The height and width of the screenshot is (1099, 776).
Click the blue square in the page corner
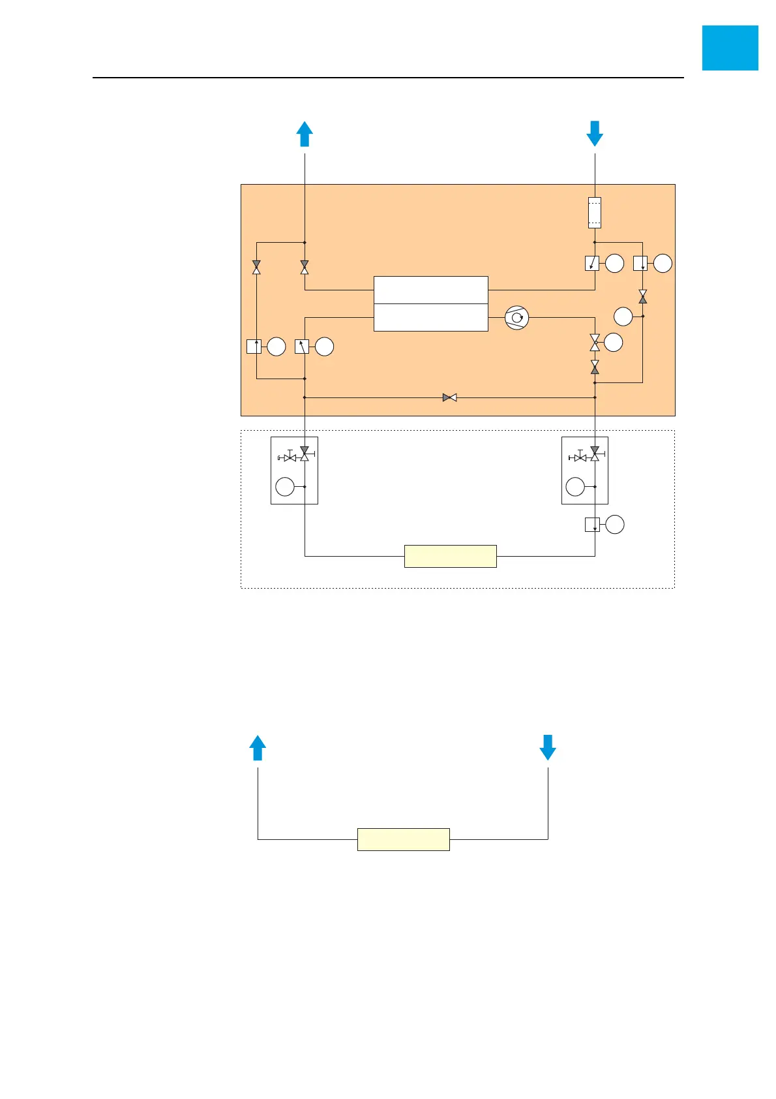pyautogui.click(x=730, y=48)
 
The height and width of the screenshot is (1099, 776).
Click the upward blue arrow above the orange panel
pyautogui.click(x=305, y=134)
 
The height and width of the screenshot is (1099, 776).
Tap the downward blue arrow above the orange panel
pyautogui.click(x=595, y=134)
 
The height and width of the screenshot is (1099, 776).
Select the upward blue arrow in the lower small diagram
pyautogui.click(x=258, y=748)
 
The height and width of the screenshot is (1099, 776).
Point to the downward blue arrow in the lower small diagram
pyautogui.click(x=548, y=748)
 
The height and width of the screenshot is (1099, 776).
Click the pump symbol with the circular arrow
pyautogui.click(x=516, y=318)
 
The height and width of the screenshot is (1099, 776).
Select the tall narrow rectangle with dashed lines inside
pyautogui.click(x=595, y=213)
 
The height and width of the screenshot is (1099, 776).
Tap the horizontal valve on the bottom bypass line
pyautogui.click(x=449, y=397)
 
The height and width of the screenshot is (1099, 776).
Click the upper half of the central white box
pyautogui.click(x=430, y=290)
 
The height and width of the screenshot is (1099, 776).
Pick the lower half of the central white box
pyautogui.click(x=430, y=318)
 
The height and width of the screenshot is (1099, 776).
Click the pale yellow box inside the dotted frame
pyautogui.click(x=450, y=556)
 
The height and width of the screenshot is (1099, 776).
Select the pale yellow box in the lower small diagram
pyautogui.click(x=403, y=839)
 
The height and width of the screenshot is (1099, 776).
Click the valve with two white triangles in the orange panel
pyautogui.click(x=595, y=342)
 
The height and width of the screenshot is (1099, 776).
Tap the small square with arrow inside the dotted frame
pyautogui.click(x=592, y=524)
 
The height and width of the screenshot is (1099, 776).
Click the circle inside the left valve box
pyautogui.click(x=285, y=487)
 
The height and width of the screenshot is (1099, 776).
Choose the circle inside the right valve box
pyautogui.click(x=575, y=487)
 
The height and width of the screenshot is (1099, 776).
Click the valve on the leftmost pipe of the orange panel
pyautogui.click(x=256, y=268)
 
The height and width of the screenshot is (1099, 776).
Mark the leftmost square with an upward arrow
pyautogui.click(x=254, y=347)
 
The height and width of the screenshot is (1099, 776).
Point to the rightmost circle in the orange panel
pyautogui.click(x=663, y=264)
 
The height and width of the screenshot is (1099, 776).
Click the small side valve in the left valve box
pyautogui.click(x=290, y=457)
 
